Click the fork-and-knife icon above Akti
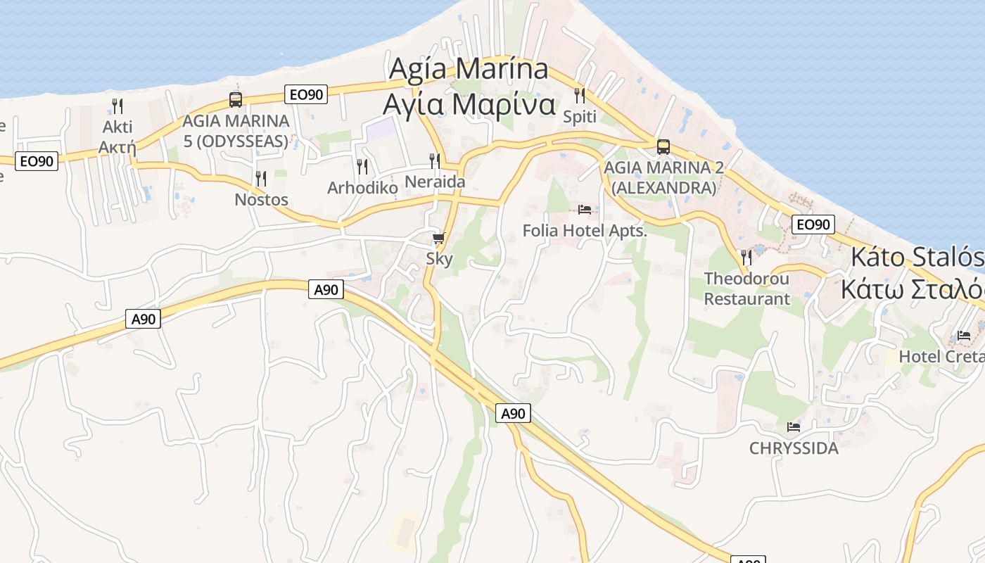[x=117, y=106]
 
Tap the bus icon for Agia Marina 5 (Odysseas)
[x=236, y=100]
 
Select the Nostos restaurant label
[x=261, y=200]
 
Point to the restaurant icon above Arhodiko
[x=362, y=167]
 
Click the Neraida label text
[x=434, y=182]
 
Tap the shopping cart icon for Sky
[x=439, y=239]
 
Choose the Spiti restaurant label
[x=580, y=117]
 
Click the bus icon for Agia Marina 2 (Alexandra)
[x=663, y=147]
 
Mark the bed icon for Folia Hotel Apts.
[x=584, y=210]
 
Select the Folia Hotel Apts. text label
[x=584, y=230]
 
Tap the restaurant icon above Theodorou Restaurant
[x=746, y=257]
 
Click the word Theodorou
[x=746, y=279]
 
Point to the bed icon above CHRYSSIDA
[x=794, y=427]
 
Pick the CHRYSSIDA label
[x=794, y=448]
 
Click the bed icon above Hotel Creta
[x=963, y=336]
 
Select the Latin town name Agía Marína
[x=469, y=69]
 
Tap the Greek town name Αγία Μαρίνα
[x=469, y=104]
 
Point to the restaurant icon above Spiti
[x=580, y=95]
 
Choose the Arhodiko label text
[x=362, y=188]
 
